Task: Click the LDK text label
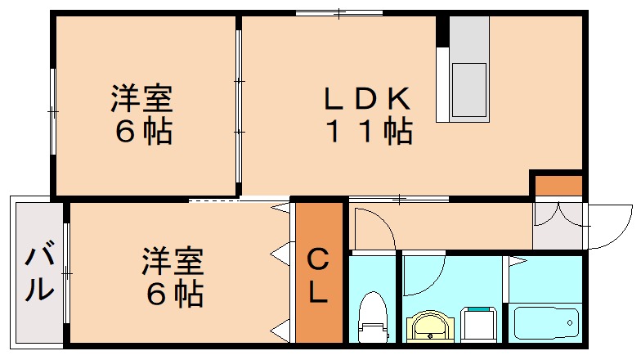(365, 99)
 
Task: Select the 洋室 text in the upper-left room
(142, 100)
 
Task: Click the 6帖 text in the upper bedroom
(142, 132)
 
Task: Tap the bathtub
(545, 322)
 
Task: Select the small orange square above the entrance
(558, 185)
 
